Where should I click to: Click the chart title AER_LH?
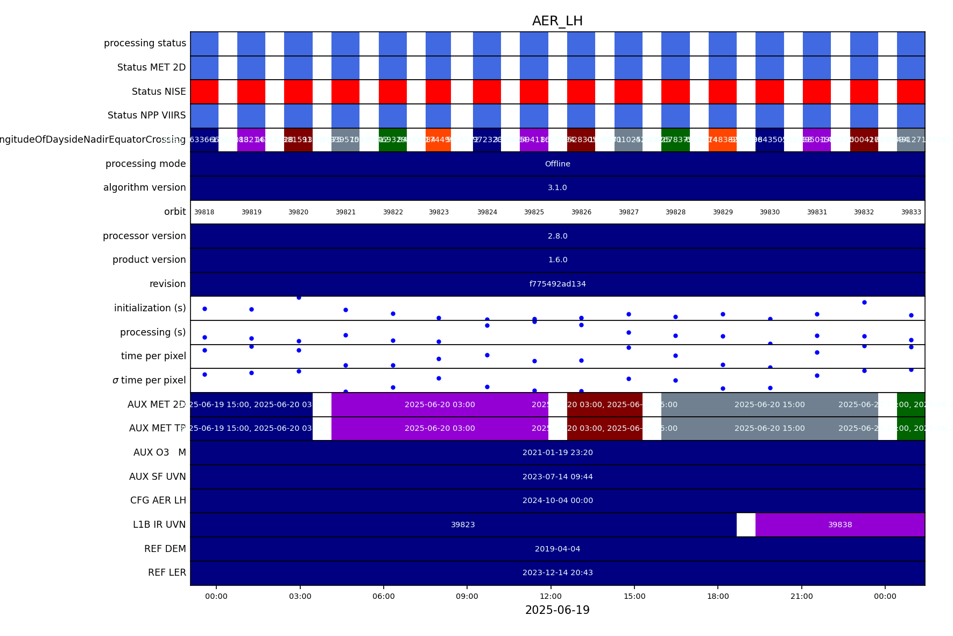557,21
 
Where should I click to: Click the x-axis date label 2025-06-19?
557,610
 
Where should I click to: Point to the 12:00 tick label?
550,596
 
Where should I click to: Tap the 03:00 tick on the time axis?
300,596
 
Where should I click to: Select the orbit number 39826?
581,212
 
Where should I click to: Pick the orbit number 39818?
204,212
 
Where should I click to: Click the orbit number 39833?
911,212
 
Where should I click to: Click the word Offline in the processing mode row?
557,164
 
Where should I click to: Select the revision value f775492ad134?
557,284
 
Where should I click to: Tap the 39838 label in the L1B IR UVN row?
840,525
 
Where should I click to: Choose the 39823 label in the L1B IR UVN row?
463,525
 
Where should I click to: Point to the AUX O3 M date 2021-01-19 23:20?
557,452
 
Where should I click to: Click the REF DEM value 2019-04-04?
557,549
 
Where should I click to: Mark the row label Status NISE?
159,92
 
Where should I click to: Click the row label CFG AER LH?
158,500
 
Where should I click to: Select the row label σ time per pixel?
149,380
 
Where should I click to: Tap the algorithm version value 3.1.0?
557,187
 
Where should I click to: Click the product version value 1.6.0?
557,260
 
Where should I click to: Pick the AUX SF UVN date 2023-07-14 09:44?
557,477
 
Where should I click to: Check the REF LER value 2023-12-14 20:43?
557,572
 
